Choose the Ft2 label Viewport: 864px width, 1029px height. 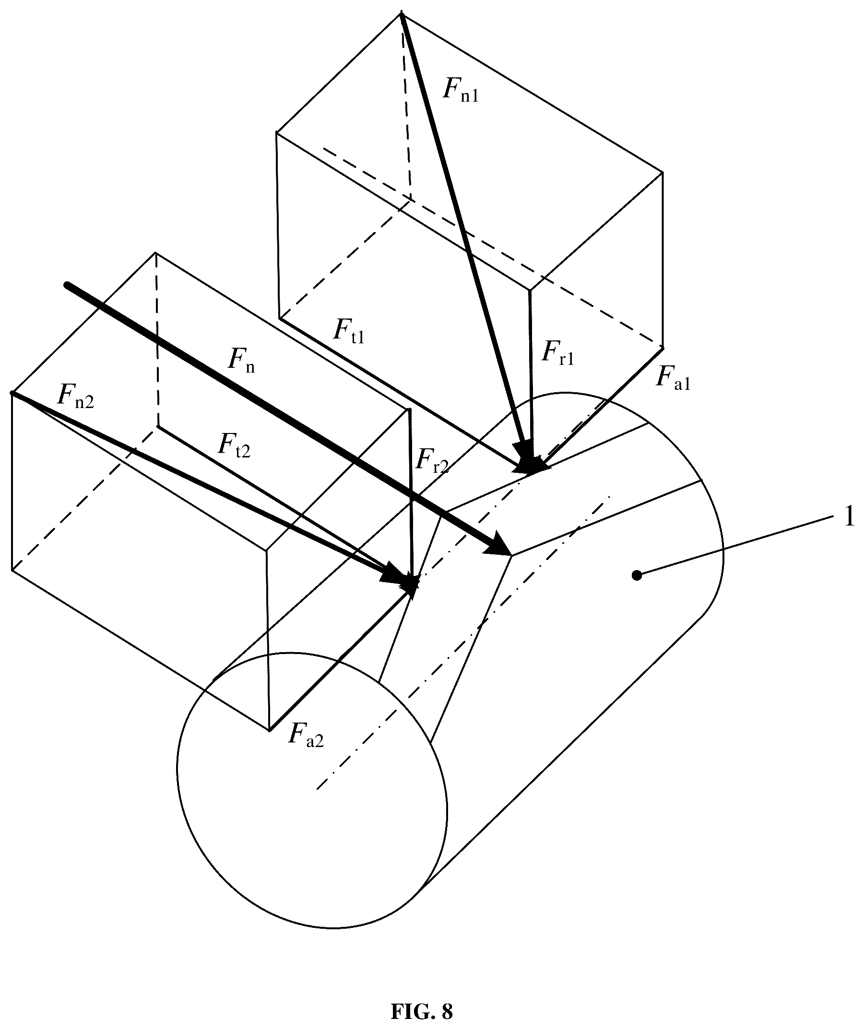click(235, 445)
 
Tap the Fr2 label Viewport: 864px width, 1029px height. click(432, 459)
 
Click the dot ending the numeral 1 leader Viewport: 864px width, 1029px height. click(637, 575)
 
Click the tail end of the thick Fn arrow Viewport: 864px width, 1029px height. click(67, 284)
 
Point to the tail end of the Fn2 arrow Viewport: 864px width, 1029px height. click(12, 393)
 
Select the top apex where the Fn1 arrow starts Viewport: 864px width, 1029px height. click(402, 14)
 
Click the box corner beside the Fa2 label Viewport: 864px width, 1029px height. click(269, 730)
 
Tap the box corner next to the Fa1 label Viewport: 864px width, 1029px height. click(663, 346)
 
